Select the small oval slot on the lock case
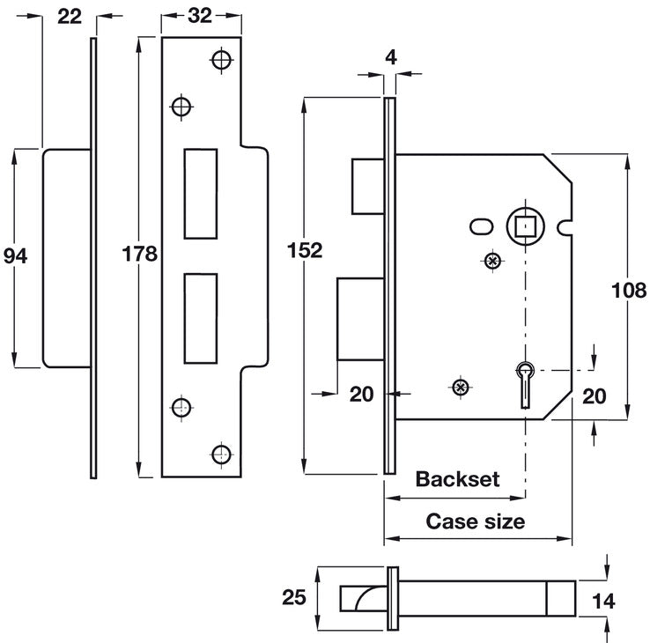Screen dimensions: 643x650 [482, 226]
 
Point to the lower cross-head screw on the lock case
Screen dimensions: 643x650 [458, 387]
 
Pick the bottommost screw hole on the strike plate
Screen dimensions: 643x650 [221, 454]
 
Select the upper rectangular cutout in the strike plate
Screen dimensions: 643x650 [201, 195]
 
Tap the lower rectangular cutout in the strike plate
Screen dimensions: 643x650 [201, 318]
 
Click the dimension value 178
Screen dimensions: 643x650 [140, 255]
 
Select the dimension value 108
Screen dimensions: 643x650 [629, 290]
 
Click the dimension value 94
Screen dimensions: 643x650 [16, 255]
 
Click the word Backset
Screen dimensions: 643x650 [457, 479]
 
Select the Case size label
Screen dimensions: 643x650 [476, 521]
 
